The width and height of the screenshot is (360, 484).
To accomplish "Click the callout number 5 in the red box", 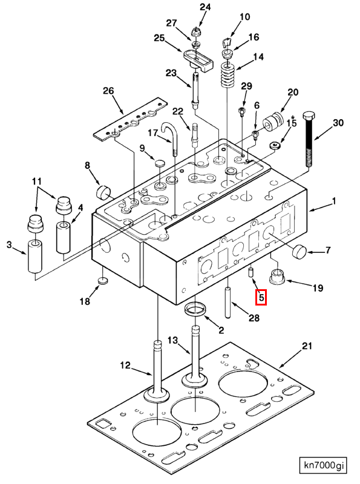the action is tap(261, 298).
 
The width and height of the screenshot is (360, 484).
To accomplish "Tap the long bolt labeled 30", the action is tap(309, 140).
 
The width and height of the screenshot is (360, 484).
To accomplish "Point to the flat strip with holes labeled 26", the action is tap(130, 119).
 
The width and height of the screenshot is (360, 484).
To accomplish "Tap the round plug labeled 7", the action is tap(299, 251).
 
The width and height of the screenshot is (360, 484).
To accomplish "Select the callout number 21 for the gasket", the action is tap(307, 345).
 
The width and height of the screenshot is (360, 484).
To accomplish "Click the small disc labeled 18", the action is tap(103, 281).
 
